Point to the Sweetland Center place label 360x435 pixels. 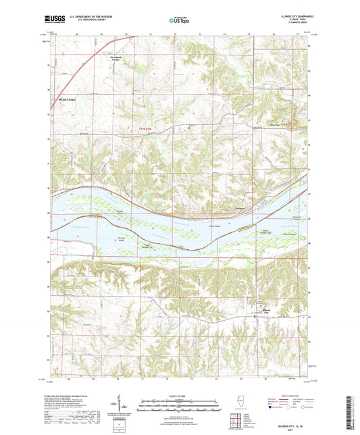pyautogui.click(x=117, y=70)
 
